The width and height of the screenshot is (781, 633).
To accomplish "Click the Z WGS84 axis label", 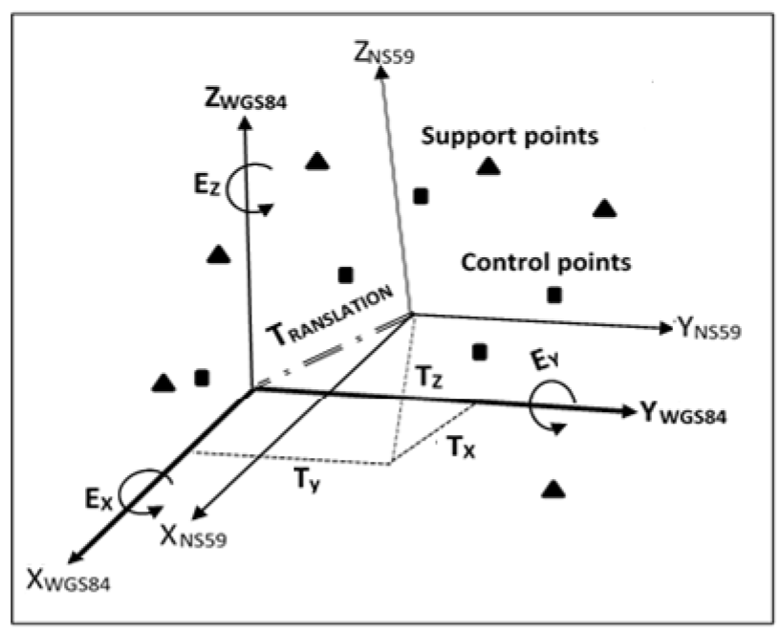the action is (246, 99).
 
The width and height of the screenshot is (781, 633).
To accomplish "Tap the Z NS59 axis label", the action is (383, 54).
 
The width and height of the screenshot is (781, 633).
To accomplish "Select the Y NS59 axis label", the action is (709, 329).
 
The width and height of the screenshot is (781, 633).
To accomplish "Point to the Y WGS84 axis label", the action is (683, 413).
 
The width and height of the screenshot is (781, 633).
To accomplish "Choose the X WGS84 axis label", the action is (68, 579).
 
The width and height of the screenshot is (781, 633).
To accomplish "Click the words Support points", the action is (510, 136).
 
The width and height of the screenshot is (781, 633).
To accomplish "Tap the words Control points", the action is (546, 262).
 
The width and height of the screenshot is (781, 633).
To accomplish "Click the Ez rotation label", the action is (206, 185).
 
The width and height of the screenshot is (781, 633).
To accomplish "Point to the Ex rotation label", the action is (98, 499).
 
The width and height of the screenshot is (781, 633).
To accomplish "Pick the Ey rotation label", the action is (545, 360).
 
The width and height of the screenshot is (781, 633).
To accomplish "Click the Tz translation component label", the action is (428, 377).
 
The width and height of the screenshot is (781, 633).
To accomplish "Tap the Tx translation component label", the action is (461, 446).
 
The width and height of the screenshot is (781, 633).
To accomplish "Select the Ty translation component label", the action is (306, 480).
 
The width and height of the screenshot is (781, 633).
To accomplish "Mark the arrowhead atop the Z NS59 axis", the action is (381, 73).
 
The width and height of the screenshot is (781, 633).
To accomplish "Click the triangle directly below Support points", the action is (488, 165).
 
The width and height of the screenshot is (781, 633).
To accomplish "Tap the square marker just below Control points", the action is (554, 295).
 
